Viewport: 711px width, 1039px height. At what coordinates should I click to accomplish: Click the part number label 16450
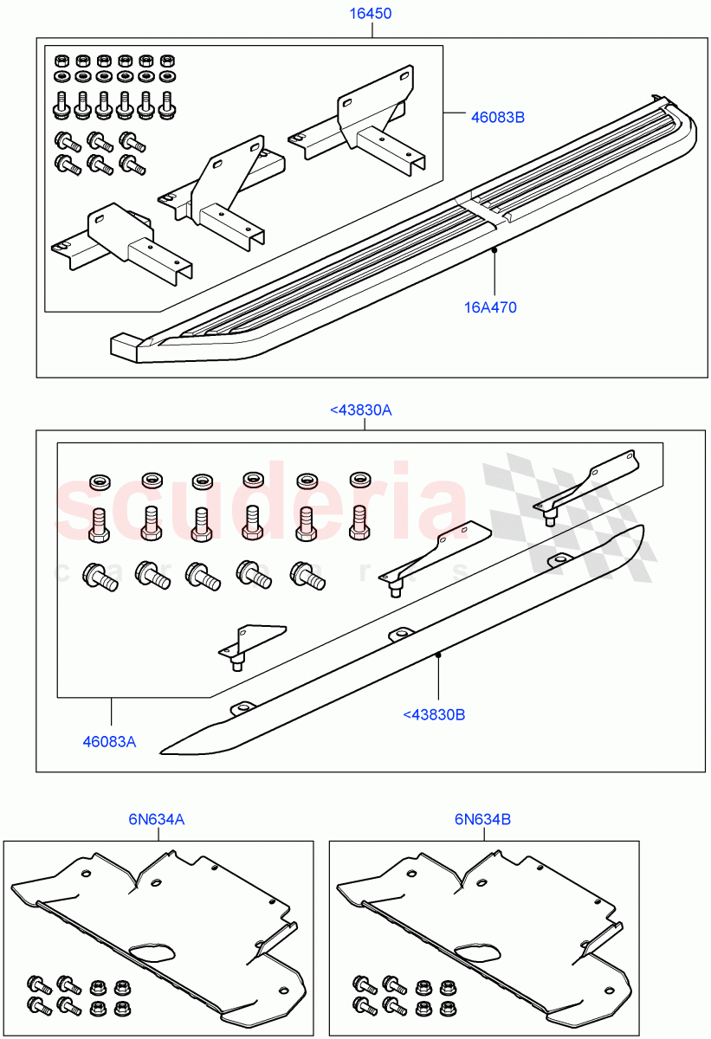tap(371, 14)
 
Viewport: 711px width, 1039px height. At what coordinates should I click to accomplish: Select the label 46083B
tap(497, 117)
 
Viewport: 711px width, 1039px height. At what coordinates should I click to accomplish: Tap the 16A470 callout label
tap(491, 307)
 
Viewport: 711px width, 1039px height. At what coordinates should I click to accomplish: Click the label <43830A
tap(361, 410)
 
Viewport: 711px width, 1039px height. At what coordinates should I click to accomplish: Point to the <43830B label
tap(434, 715)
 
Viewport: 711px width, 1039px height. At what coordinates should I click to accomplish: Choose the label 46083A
tap(110, 741)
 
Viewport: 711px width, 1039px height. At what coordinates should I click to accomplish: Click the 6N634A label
tap(157, 818)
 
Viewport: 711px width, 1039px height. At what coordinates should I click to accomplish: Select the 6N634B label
tap(482, 818)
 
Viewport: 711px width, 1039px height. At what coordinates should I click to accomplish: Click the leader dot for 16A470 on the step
tap(493, 249)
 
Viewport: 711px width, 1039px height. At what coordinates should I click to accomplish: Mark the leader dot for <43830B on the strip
tap(438, 655)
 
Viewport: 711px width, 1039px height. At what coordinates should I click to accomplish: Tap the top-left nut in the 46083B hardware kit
tap(61, 60)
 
